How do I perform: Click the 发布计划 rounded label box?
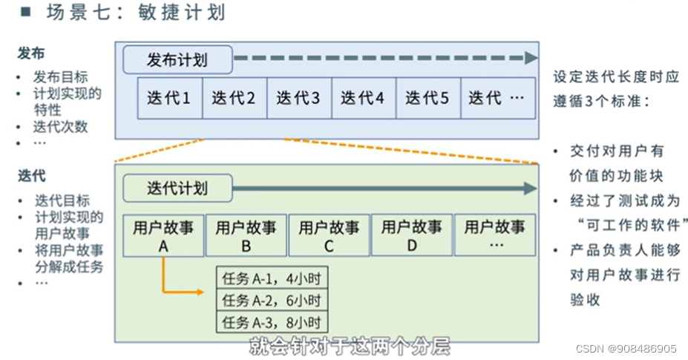tap(177, 60)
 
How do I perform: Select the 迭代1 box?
tap(169, 98)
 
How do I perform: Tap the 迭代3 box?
tap(298, 98)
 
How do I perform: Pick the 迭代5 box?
tap(427, 98)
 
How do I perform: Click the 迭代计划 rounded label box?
tap(177, 189)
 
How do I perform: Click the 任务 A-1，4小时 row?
tap(272, 279)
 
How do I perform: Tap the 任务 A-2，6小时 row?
tap(272, 301)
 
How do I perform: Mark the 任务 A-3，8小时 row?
tap(272, 322)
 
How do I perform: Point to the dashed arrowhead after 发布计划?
tap(529, 59)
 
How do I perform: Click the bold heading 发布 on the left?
tap(31, 53)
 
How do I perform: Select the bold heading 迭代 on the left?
tap(31, 176)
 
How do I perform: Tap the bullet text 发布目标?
tap(60, 77)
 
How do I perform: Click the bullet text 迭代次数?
tap(60, 126)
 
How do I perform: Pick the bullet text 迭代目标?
tap(62, 200)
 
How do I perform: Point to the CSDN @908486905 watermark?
tap(626, 348)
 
